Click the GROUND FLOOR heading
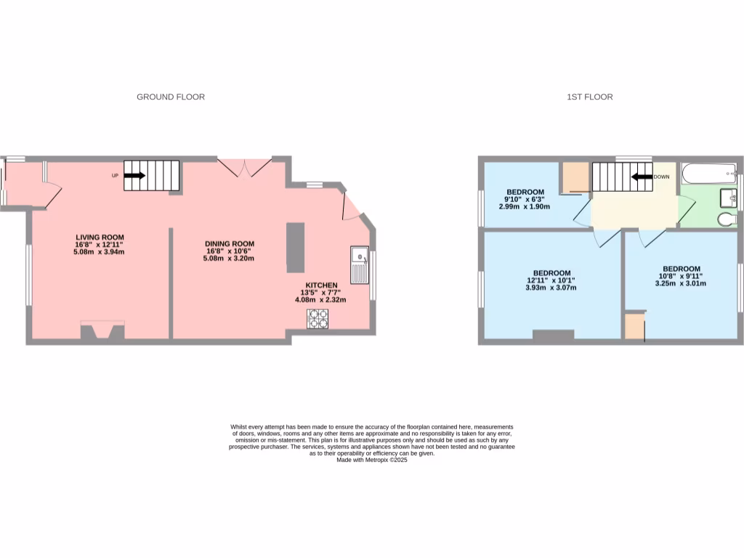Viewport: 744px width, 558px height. click(171, 97)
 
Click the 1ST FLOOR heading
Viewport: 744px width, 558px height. click(589, 97)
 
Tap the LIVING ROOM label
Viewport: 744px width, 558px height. click(100, 237)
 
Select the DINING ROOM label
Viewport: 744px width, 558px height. click(230, 244)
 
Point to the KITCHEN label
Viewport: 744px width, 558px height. click(320, 285)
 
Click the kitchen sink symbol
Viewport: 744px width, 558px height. click(360, 266)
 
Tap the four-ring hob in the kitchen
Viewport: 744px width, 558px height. click(318, 319)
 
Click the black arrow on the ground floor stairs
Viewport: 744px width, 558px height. click(134, 175)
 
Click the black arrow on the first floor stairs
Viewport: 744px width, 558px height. click(640, 177)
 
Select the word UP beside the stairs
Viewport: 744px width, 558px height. click(115, 176)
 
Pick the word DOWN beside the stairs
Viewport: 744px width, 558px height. click(661, 177)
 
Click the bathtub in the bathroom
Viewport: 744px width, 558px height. click(708, 174)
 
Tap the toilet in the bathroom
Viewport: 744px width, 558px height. click(726, 219)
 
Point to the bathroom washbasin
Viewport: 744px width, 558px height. click(727, 197)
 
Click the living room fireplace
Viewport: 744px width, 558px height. click(102, 331)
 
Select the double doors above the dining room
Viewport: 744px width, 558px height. click(246, 167)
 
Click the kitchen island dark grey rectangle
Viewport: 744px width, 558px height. click(296, 247)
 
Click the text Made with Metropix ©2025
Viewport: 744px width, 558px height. click(372, 460)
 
